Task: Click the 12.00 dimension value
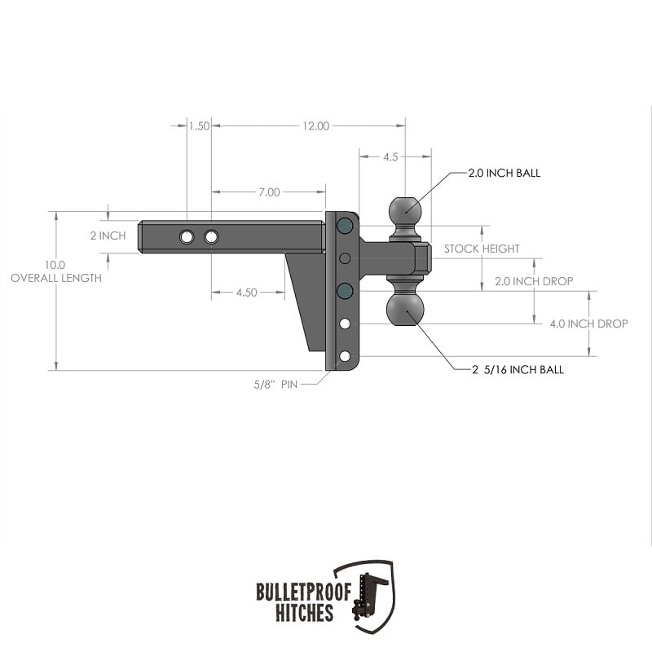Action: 316,126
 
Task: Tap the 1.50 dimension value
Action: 199,126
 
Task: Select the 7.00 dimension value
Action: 270,192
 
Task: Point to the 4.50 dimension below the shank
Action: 247,293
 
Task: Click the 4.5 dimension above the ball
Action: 390,156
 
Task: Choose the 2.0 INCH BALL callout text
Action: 504,173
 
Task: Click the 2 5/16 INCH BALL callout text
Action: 518,370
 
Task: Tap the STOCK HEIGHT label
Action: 482,249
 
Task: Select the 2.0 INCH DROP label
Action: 534,281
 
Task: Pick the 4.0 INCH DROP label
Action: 588,324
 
